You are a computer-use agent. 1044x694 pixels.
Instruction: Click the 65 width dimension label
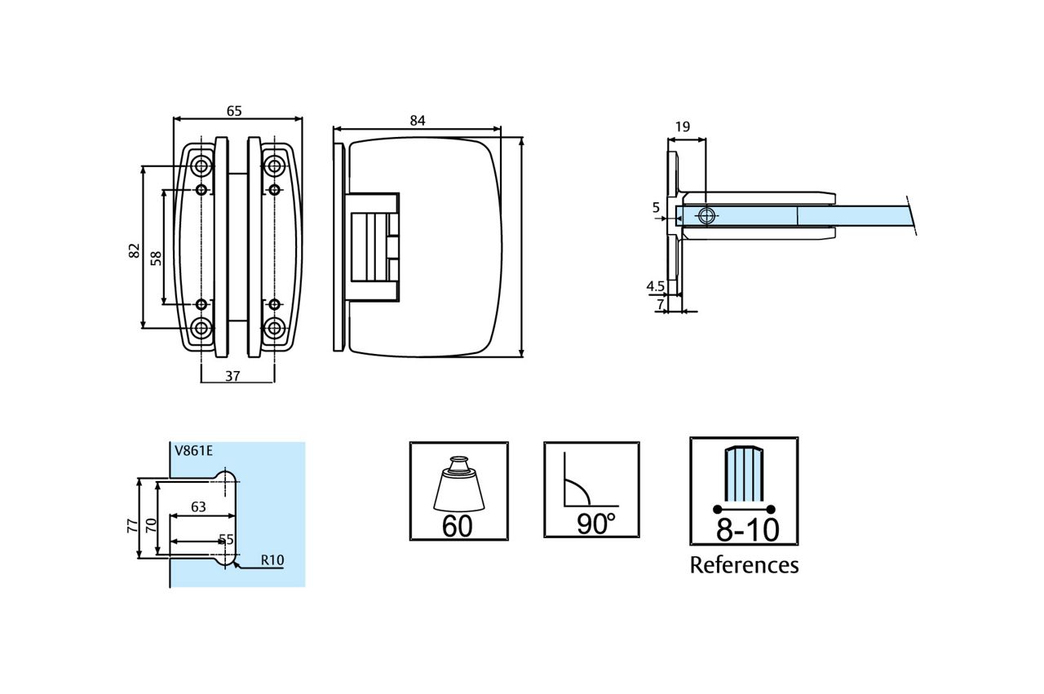[x=234, y=111]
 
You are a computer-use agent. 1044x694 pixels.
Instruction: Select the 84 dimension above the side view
[x=418, y=121]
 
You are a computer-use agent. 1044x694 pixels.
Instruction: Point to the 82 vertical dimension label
[x=135, y=251]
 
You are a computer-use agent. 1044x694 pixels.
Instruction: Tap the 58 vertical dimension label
[x=156, y=258]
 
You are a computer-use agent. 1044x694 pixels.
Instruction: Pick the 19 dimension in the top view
[x=683, y=126]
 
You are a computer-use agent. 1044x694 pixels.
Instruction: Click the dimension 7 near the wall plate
[x=660, y=303]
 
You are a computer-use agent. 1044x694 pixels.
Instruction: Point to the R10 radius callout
[x=272, y=560]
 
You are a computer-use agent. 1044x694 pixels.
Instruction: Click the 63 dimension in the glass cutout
[x=197, y=506]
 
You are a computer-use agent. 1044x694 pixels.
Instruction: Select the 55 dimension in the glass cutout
[x=226, y=539]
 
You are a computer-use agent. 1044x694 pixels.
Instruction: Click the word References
[x=744, y=565]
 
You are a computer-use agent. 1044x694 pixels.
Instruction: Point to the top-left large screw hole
[x=201, y=166]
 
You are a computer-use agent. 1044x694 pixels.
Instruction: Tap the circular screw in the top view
[x=707, y=215]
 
